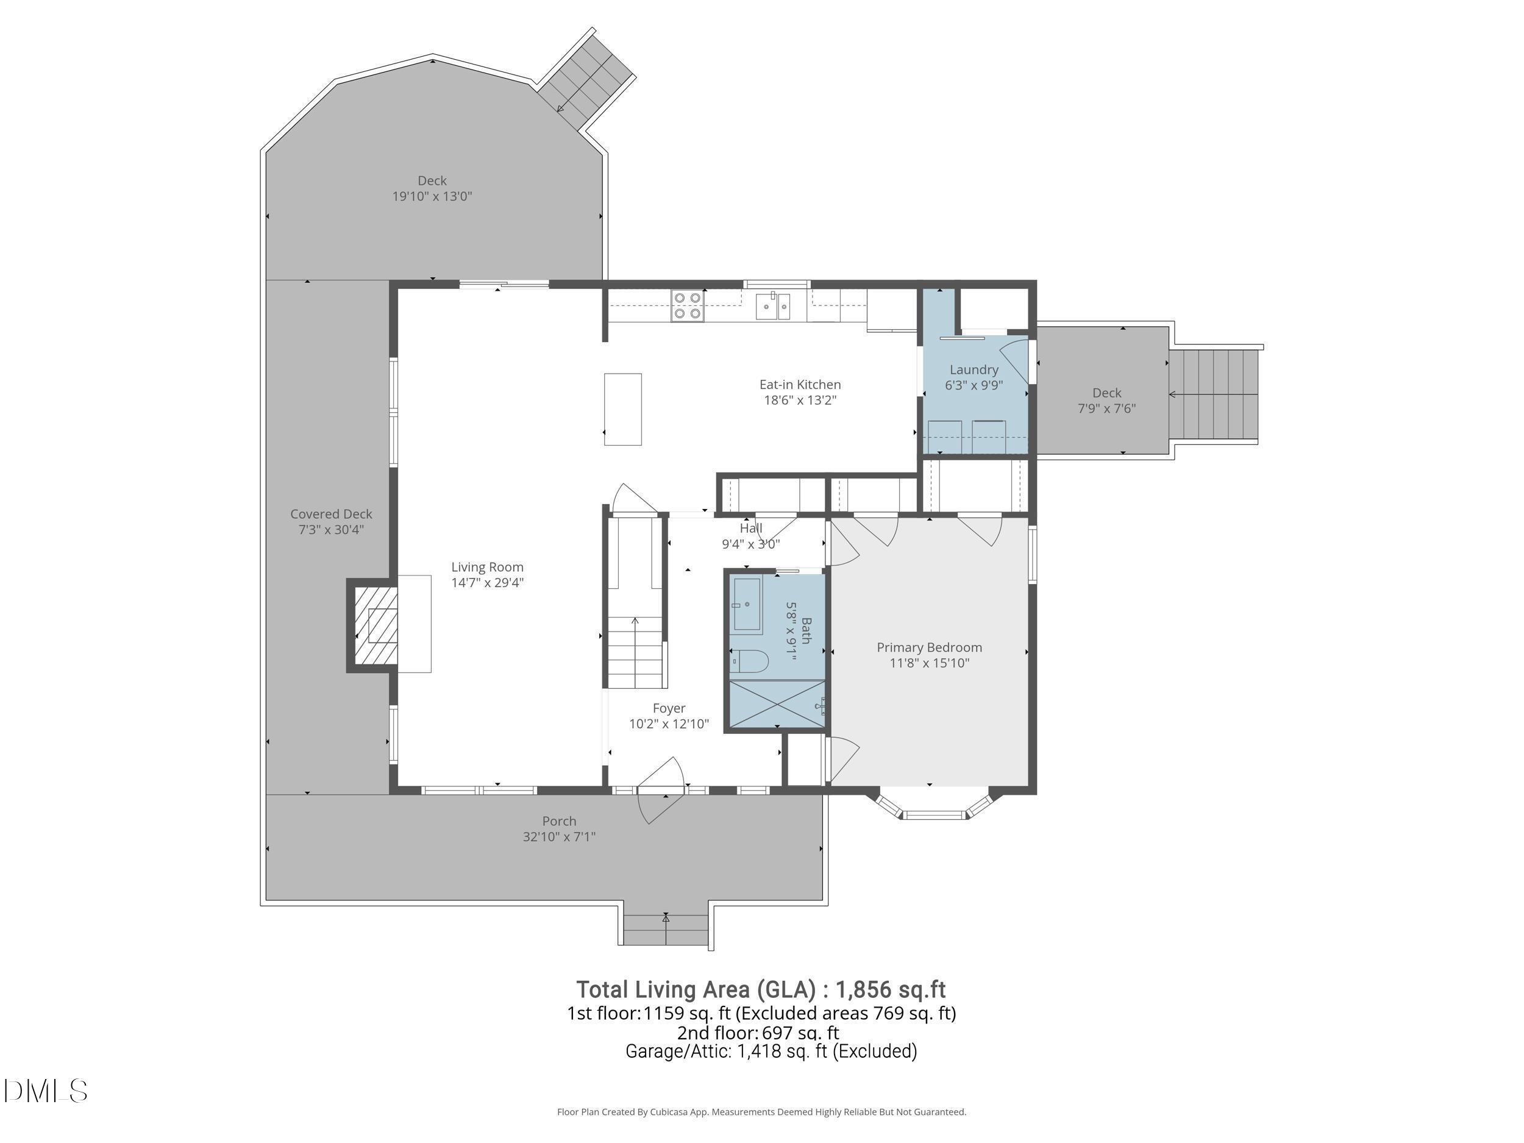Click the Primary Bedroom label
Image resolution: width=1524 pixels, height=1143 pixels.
[929, 647]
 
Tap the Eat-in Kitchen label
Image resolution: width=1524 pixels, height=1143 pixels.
[800, 385]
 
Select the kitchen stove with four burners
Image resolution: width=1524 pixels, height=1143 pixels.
[688, 306]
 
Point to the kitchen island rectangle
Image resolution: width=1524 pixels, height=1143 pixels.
[623, 409]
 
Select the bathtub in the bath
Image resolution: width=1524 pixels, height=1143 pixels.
[747, 605]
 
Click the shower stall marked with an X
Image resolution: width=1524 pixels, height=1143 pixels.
[777, 704]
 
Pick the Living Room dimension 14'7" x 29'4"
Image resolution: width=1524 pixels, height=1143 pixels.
[487, 583]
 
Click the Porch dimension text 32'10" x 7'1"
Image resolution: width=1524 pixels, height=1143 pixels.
[559, 836]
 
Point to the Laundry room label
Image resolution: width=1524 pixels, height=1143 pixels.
[974, 370]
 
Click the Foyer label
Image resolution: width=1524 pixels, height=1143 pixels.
[668, 708]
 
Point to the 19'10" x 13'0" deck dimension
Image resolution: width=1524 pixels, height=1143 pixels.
[432, 196]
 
